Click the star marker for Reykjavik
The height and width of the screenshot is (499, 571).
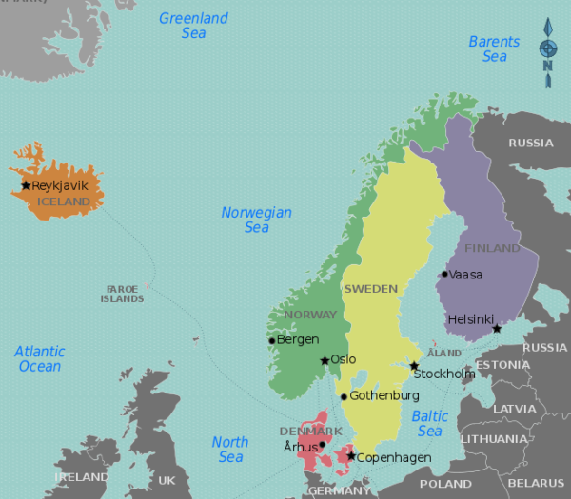click(26, 185)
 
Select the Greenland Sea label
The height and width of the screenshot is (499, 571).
click(193, 26)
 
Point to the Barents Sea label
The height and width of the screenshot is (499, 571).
click(494, 48)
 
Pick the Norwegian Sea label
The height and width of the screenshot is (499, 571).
click(256, 220)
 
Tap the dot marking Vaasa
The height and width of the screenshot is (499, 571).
click(443, 275)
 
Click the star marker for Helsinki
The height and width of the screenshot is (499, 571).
click(496, 328)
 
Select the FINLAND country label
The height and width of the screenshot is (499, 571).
click(492, 248)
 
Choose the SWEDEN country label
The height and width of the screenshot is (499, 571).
click(370, 288)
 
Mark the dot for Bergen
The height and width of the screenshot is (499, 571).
click(271, 340)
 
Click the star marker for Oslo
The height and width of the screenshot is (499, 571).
click(325, 360)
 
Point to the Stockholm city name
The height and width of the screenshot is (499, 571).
click(444, 374)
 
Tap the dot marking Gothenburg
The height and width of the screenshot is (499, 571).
click(344, 396)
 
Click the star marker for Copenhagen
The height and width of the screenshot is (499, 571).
click(351, 457)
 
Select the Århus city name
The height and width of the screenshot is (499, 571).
click(300, 447)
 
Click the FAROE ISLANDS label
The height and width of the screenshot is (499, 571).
click(122, 294)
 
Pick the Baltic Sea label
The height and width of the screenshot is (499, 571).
click(429, 424)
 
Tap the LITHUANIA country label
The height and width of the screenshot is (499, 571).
click(493, 439)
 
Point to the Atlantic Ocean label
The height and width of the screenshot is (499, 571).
click(40, 358)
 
